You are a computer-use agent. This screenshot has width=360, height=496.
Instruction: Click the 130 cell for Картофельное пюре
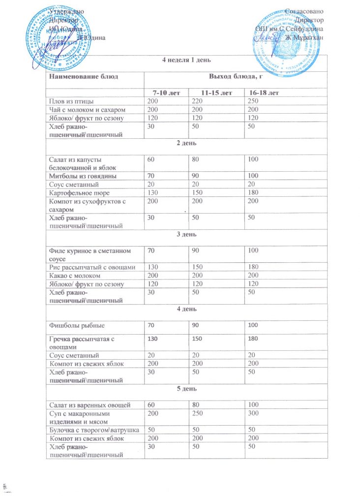153,192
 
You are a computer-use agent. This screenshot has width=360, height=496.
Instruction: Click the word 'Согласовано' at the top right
304,11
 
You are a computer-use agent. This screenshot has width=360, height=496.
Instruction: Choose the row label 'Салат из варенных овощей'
89,405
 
